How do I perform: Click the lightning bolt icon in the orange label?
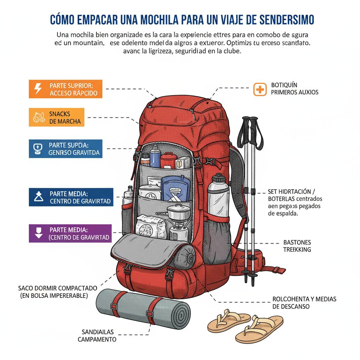[37, 89]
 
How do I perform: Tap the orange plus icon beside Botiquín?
[260, 90]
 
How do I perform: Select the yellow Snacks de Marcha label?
[57, 117]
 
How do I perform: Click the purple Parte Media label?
[70, 233]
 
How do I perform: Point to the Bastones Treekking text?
[297, 246]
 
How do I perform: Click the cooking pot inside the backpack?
[179, 212]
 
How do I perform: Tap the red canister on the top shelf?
[167, 160]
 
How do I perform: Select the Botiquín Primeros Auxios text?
[295, 89]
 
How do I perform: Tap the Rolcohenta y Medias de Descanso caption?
[304, 303]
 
